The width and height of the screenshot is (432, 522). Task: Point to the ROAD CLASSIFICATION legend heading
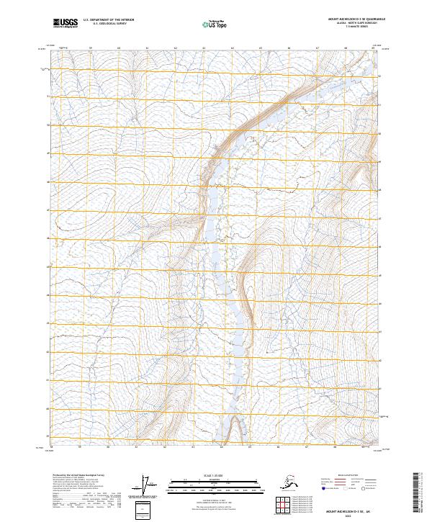pyautogui.click(x=348, y=476)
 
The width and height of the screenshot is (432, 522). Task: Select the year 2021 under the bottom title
pyautogui.click(x=351, y=514)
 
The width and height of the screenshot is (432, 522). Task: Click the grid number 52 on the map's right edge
pyautogui.click(x=381, y=75)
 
